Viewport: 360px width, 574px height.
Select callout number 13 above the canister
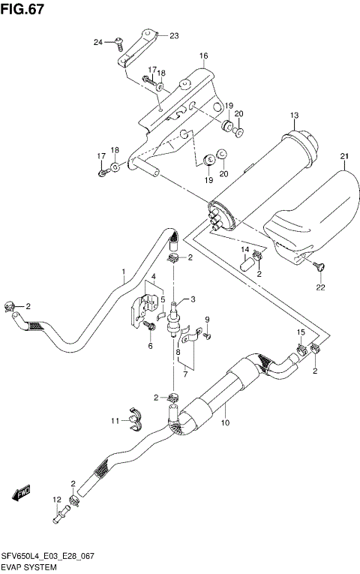(x=295, y=114)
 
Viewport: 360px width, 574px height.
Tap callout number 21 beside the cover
(x=344, y=156)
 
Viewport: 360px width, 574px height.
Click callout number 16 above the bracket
(x=203, y=56)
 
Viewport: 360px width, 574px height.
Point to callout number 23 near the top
(x=174, y=35)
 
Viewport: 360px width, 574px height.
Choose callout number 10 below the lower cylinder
(x=224, y=424)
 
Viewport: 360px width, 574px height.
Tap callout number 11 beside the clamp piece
(x=115, y=420)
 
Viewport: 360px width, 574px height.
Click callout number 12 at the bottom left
(x=56, y=500)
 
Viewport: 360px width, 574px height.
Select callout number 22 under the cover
(x=320, y=287)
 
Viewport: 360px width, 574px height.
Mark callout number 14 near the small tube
(x=244, y=249)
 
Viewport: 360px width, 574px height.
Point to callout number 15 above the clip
(x=300, y=332)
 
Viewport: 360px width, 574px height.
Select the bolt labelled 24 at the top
(x=118, y=44)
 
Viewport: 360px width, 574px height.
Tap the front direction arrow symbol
(x=19, y=493)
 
